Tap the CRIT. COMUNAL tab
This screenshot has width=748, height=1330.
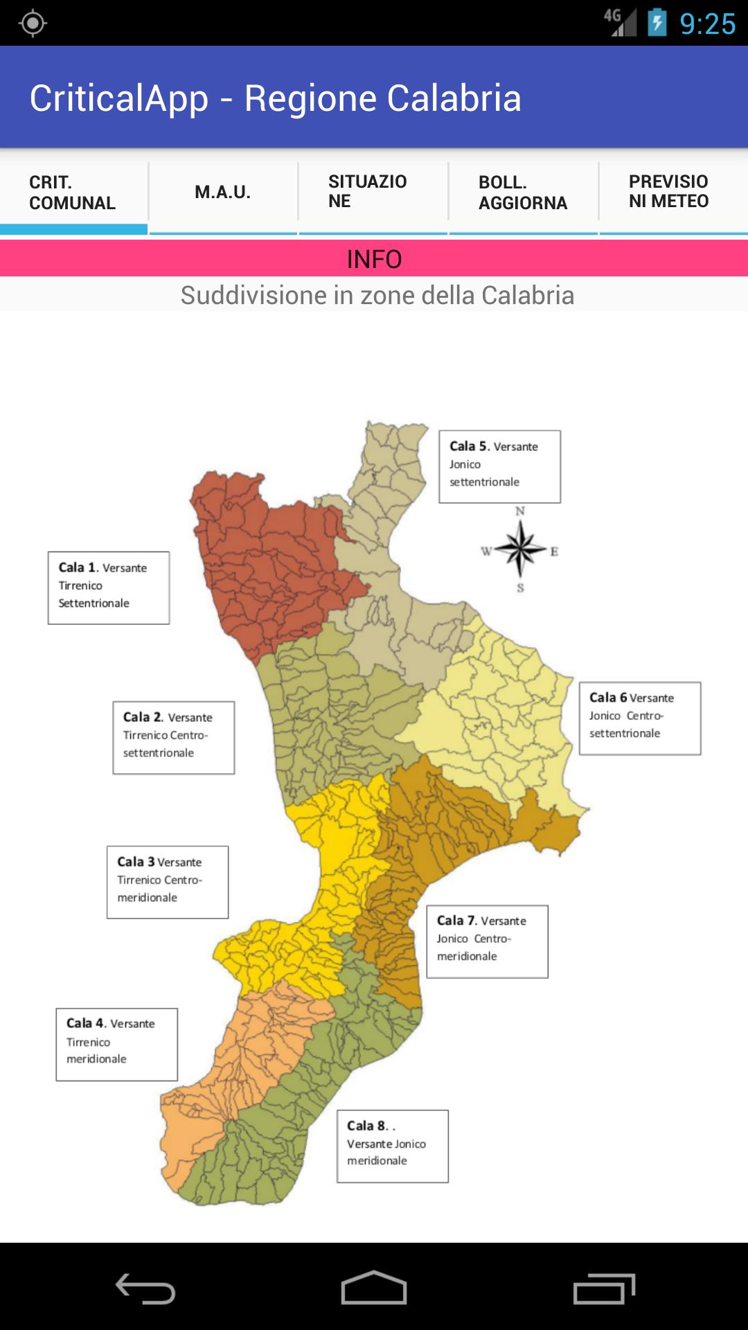click(x=73, y=193)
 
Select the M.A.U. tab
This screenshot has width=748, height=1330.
click(x=223, y=193)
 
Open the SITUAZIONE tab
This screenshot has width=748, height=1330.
click(x=373, y=193)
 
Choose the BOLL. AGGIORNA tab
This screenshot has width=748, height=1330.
click(x=523, y=193)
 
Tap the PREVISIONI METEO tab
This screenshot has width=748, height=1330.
click(x=672, y=193)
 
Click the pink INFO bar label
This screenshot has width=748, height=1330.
click(x=374, y=259)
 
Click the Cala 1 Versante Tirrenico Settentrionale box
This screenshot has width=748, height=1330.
click(x=109, y=587)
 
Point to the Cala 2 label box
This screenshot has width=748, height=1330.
click(x=174, y=737)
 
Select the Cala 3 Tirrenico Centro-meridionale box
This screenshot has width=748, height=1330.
click(x=168, y=882)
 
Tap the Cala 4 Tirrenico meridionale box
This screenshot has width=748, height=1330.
click(x=117, y=1044)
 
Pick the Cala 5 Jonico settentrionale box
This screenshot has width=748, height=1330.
click(x=499, y=466)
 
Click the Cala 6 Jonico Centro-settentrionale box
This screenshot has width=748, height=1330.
click(x=640, y=718)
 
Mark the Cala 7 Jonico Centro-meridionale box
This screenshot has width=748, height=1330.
click(x=487, y=941)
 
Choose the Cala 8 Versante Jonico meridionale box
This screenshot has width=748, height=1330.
click(x=393, y=1146)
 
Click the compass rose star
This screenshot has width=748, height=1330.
click(x=521, y=549)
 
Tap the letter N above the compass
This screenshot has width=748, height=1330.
click(x=520, y=511)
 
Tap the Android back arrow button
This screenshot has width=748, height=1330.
click(x=145, y=1288)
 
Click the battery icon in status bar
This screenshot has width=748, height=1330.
click(x=657, y=23)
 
